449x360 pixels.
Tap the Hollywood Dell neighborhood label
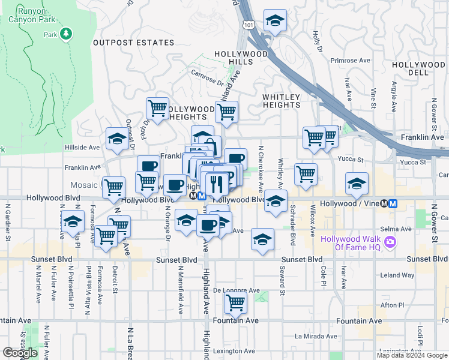pos(418,68)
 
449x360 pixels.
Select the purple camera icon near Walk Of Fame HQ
pos(391,242)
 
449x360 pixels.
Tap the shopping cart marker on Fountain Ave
pos(236,303)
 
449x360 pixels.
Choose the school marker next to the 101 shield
pos(275,21)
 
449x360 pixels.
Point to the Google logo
pos(20,353)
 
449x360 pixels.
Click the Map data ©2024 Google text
pos(411,355)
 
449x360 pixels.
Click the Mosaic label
pos(83,185)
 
